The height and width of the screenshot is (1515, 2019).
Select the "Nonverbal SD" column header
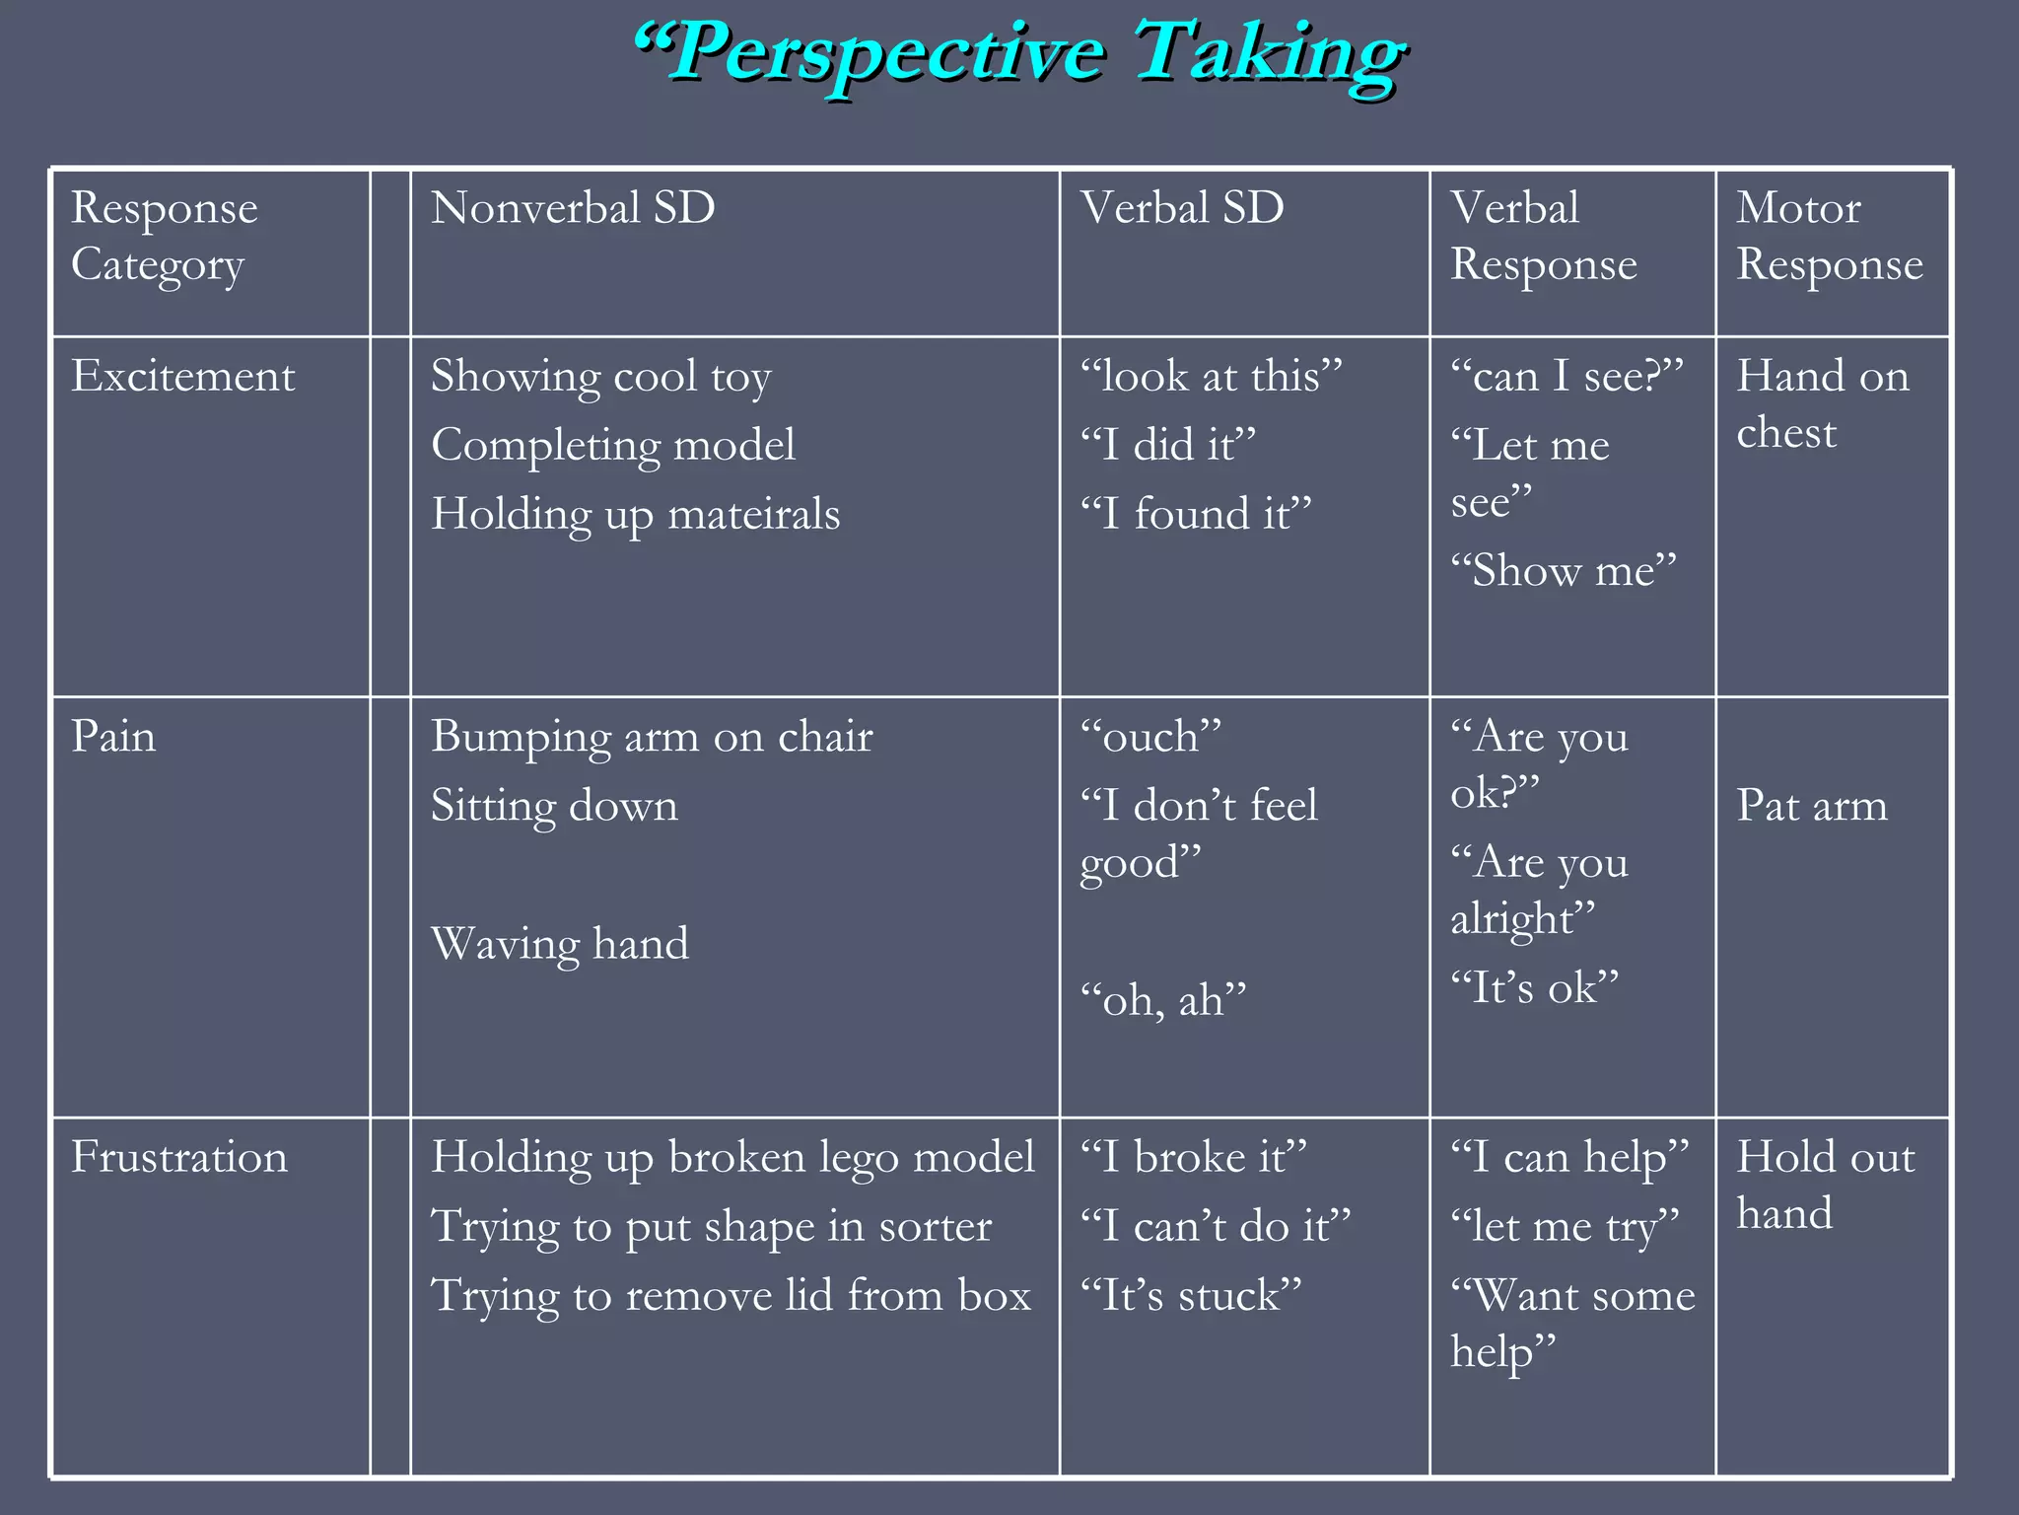(x=573, y=209)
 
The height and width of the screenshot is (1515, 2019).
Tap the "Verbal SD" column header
(x=1182, y=209)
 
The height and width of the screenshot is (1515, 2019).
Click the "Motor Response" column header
(x=1829, y=236)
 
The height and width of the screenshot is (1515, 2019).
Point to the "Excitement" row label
(x=182, y=377)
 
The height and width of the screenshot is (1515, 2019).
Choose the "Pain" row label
(x=113, y=737)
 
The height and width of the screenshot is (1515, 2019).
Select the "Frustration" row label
(x=179, y=1157)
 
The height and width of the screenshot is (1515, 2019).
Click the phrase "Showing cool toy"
(x=600, y=377)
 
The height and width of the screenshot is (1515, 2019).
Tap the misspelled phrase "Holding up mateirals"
(x=635, y=515)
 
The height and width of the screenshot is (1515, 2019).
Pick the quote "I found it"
(x=1196, y=515)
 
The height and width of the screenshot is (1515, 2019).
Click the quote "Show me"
(x=1564, y=571)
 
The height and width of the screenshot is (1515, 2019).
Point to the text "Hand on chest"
(x=1822, y=404)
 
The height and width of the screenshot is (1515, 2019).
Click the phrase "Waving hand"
(x=560, y=944)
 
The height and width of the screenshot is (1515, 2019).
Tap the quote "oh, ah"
(x=1163, y=1001)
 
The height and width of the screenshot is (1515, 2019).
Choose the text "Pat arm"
(x=1812, y=806)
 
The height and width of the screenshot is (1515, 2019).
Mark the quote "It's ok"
(x=1535, y=988)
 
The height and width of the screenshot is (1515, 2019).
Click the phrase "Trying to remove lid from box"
(x=731, y=1296)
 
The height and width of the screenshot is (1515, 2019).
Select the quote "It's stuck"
(x=1191, y=1296)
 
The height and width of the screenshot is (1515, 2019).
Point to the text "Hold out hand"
(x=1825, y=1185)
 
